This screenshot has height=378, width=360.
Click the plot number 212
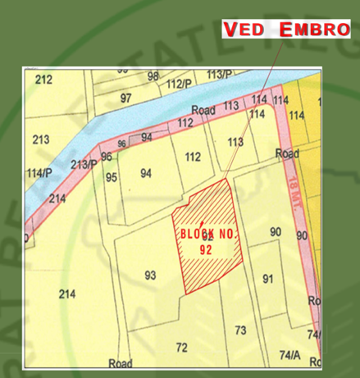coord(44,80)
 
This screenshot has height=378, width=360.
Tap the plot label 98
coord(153,76)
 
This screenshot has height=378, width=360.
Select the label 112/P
coord(178,84)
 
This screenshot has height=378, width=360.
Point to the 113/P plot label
coord(220,75)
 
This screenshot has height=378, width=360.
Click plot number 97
coord(125,98)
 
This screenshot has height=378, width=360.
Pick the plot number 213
coord(41,140)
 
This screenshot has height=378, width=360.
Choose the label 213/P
coord(83,164)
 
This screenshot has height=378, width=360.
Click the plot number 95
coord(111,177)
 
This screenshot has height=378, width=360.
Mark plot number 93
coord(150,275)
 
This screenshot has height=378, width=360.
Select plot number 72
coord(181,348)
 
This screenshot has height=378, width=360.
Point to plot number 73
coord(240,330)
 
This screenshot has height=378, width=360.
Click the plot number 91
coord(267,279)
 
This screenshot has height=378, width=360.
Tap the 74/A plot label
coord(289,355)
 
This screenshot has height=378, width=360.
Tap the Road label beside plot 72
coord(121,363)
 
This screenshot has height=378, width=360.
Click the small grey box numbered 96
coord(121,143)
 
